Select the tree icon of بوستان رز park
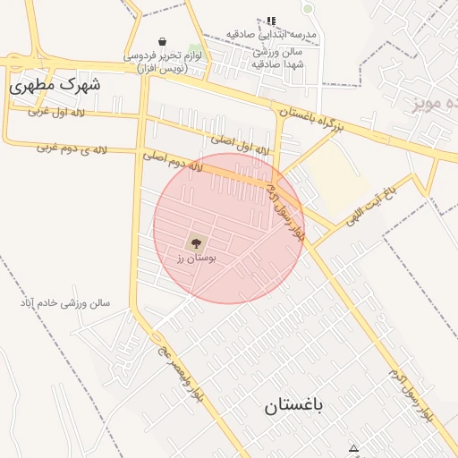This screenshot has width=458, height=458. [x=194, y=242]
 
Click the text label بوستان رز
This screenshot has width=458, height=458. [x=191, y=258]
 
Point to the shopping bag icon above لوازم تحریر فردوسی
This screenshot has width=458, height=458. [x=162, y=41]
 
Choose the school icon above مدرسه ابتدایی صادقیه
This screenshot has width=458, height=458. [x=271, y=21]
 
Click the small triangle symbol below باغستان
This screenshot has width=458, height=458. [x=353, y=449]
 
